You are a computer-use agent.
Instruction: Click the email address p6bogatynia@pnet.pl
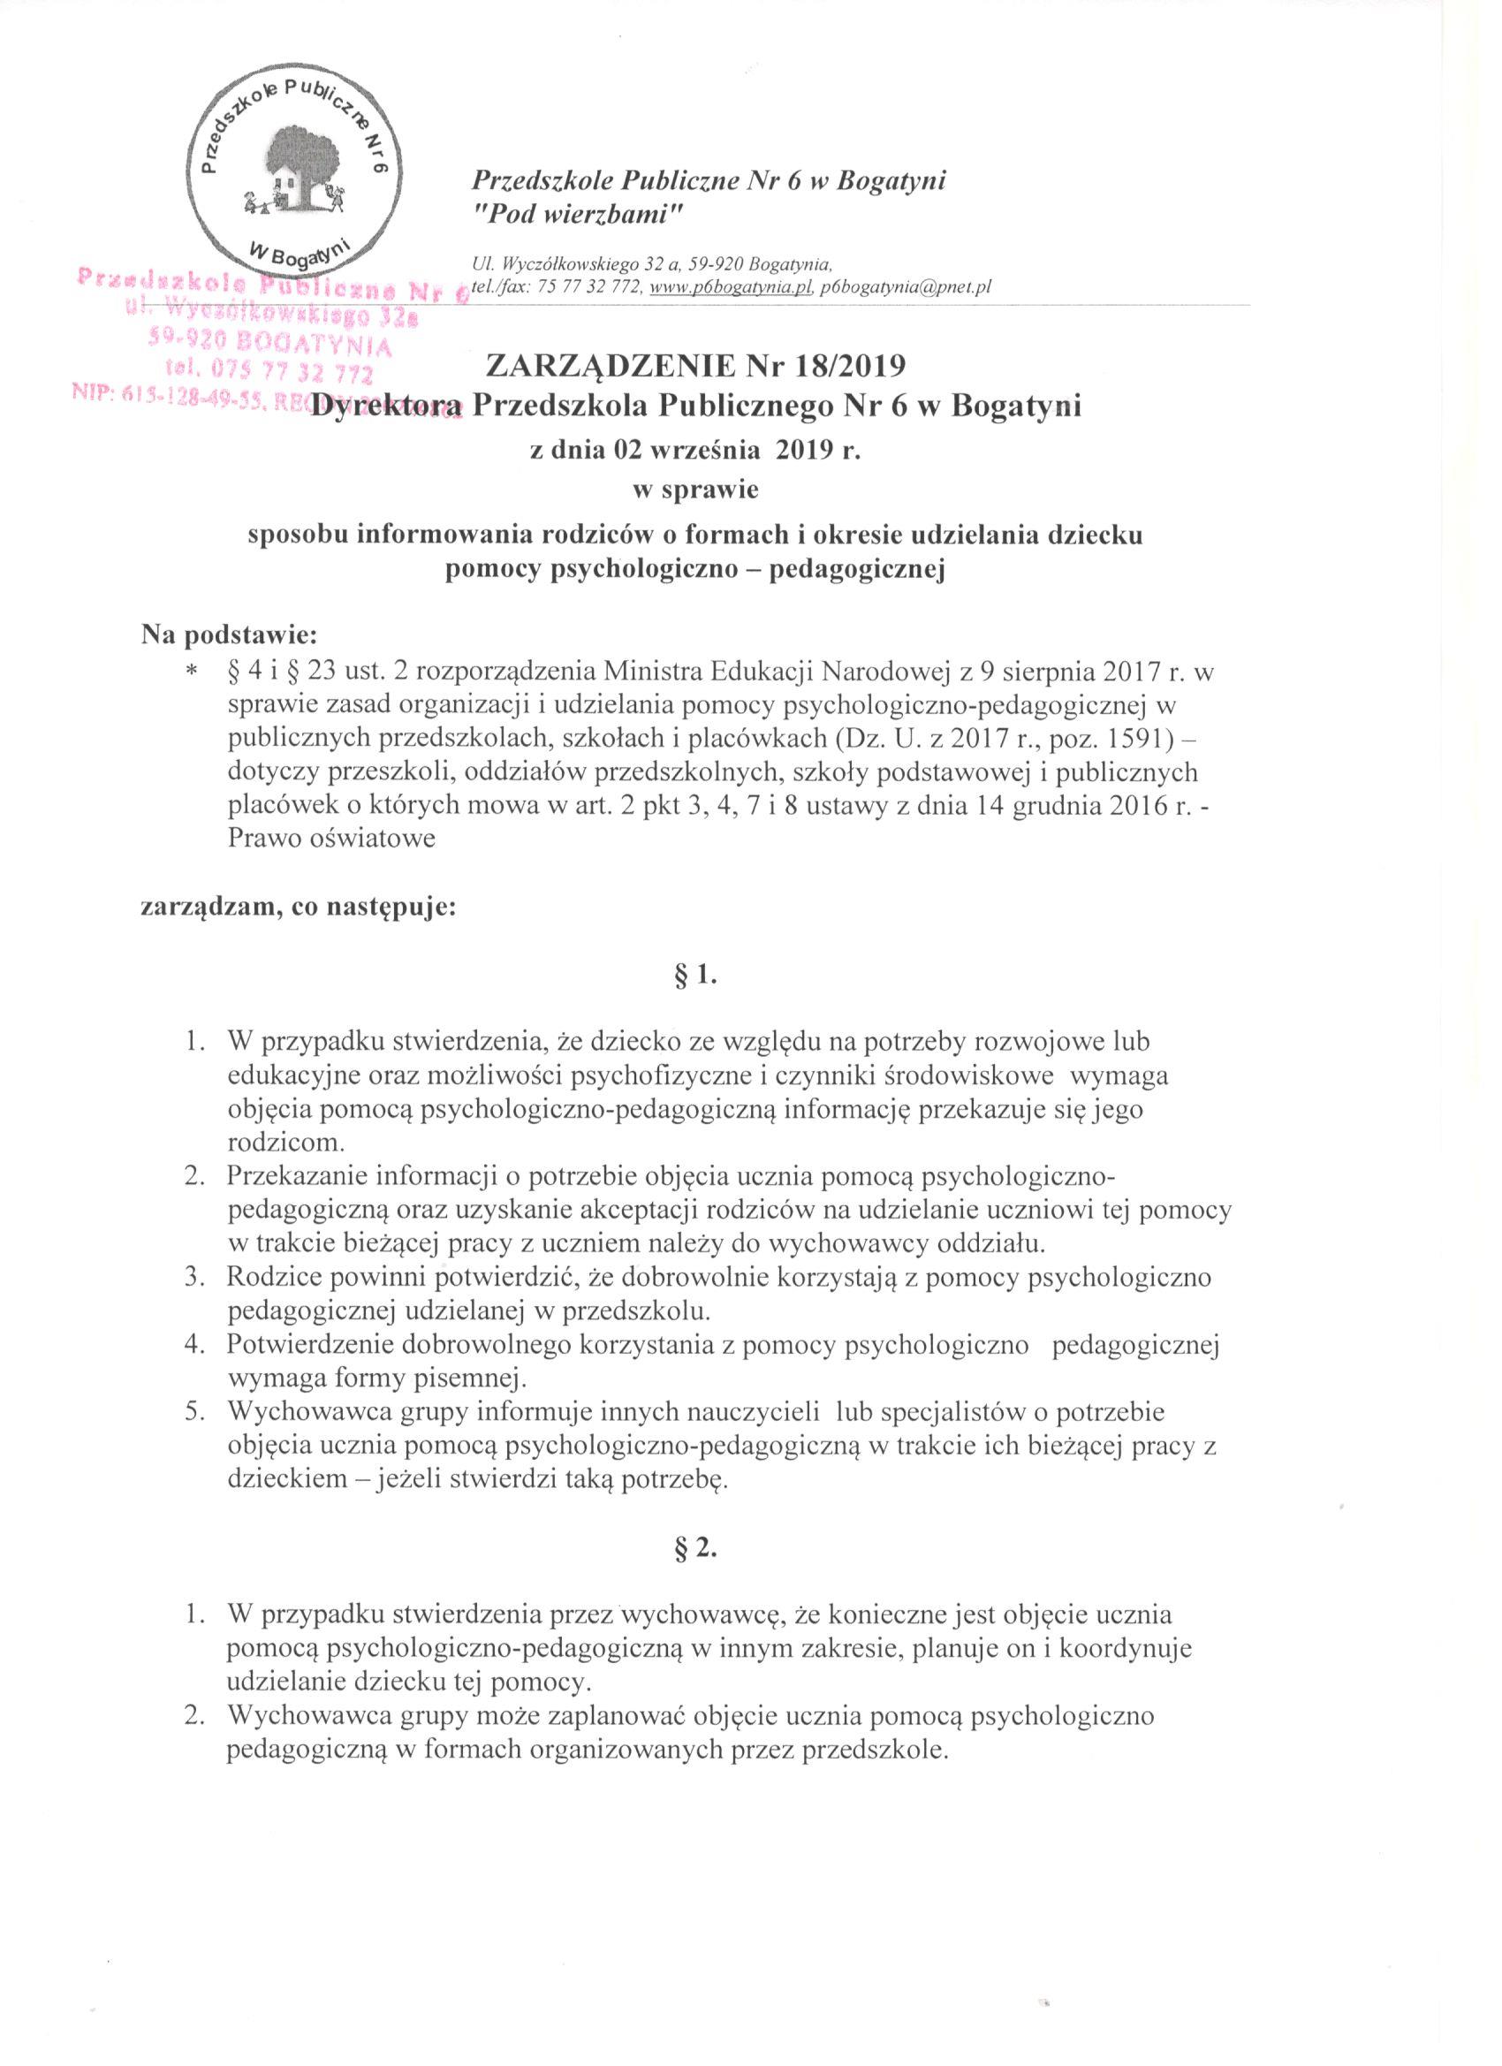(x=906, y=287)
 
